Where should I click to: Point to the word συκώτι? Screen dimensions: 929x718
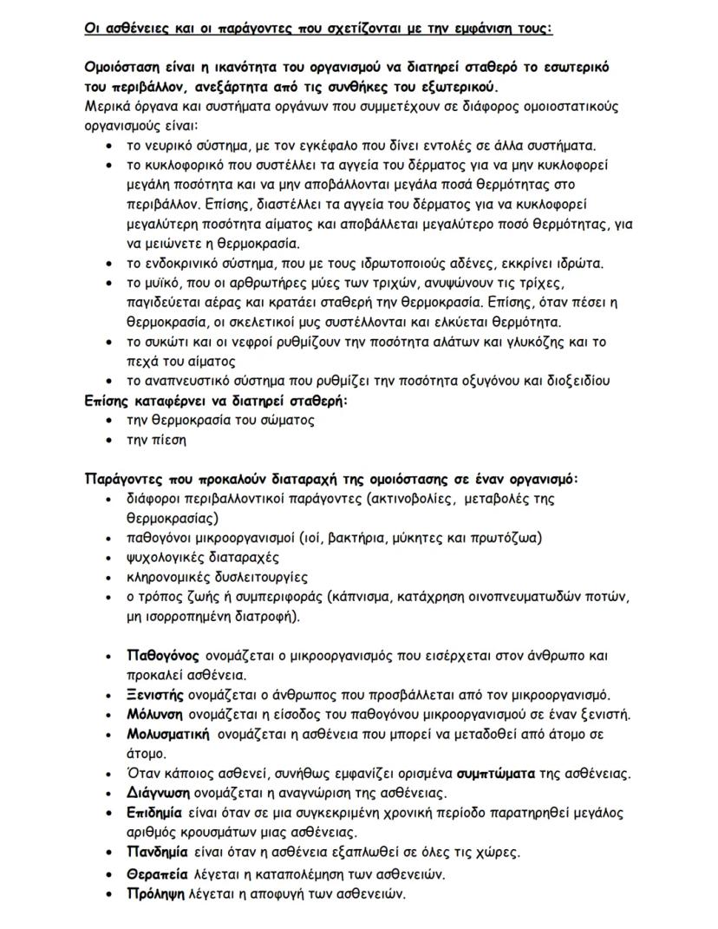click(x=166, y=341)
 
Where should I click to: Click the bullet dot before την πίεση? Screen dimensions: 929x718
click(x=108, y=440)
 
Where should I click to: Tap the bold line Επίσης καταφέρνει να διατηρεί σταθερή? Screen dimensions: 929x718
click(x=215, y=400)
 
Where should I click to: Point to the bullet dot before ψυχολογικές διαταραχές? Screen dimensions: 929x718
click(x=108, y=558)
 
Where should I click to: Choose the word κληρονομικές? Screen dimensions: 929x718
click(x=169, y=577)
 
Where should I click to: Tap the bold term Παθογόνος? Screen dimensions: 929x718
click(x=163, y=656)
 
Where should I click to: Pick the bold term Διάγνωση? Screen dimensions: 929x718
click(x=157, y=793)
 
